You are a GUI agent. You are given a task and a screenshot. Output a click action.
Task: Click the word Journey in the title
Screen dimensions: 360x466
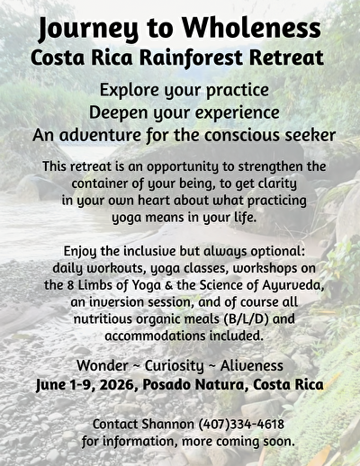pos(88,30)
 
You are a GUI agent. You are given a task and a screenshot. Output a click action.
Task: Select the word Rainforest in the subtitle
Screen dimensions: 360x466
pos(191,58)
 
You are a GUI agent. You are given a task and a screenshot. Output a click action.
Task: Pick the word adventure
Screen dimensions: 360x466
pos(100,135)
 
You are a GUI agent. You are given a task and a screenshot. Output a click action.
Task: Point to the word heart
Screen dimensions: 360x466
pos(154,201)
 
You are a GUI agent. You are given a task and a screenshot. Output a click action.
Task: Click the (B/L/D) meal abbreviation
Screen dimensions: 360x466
pos(246,319)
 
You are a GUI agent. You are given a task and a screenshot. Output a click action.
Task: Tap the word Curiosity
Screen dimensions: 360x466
pos(175,366)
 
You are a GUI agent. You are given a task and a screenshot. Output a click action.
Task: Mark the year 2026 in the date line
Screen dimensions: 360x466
pos(117,385)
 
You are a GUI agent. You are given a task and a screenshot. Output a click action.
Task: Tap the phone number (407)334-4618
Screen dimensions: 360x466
pos(241,425)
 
